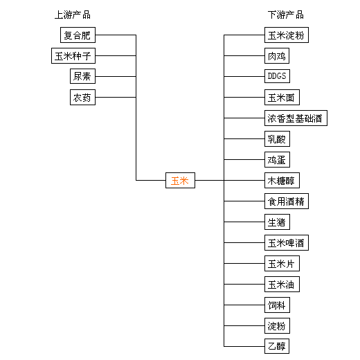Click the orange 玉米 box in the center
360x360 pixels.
tap(180, 180)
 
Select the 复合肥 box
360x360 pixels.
tap(78, 35)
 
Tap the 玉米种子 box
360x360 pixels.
tap(73, 56)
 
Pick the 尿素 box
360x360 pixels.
tap(82, 76)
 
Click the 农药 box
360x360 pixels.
tap(82, 98)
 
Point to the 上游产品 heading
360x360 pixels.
tap(73, 15)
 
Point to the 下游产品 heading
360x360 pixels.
tap(286, 15)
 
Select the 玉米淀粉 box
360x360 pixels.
tap(287, 35)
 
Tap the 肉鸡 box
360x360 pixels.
tap(277, 56)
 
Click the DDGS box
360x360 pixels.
tap(277, 76)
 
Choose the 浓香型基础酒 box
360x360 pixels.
tap(296, 118)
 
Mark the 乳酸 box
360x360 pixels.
tap(277, 139)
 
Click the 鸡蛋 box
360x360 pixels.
tap(277, 160)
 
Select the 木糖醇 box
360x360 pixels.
tap(282, 181)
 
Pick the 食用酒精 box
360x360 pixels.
tap(287, 201)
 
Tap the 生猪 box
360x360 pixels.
tap(277, 222)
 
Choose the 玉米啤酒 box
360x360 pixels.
tap(287, 243)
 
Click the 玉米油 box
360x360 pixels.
tap(282, 285)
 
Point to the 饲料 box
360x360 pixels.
tap(277, 305)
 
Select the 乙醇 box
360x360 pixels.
tap(277, 346)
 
